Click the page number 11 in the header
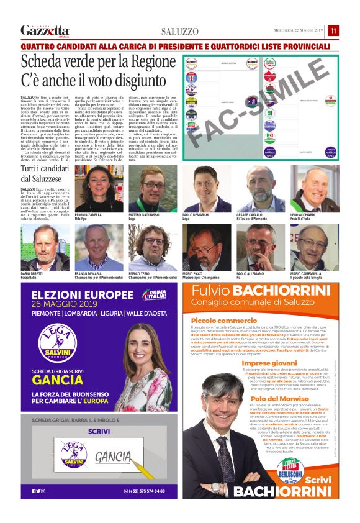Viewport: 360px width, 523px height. pos(333,30)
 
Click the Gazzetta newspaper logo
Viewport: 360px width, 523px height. pos(45,30)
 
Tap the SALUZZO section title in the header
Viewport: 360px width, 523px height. pos(180,31)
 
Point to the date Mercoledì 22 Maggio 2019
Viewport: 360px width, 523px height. pos(299,30)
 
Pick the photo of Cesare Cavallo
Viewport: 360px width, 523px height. pos(259,188)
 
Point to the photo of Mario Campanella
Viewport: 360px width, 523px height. pos(315,248)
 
